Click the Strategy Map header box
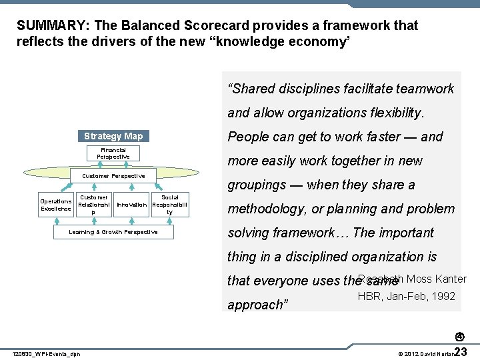[x=113, y=136]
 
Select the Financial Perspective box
[x=113, y=153]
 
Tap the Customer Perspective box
[x=113, y=176]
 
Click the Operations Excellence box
[x=55, y=205]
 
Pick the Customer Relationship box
[x=93, y=205]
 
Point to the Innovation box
[x=131, y=205]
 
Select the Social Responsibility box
[x=169, y=205]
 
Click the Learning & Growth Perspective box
[x=113, y=232]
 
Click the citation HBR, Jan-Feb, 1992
[x=406, y=296]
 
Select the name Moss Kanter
[x=436, y=279]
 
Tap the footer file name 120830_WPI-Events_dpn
[x=47, y=353]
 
